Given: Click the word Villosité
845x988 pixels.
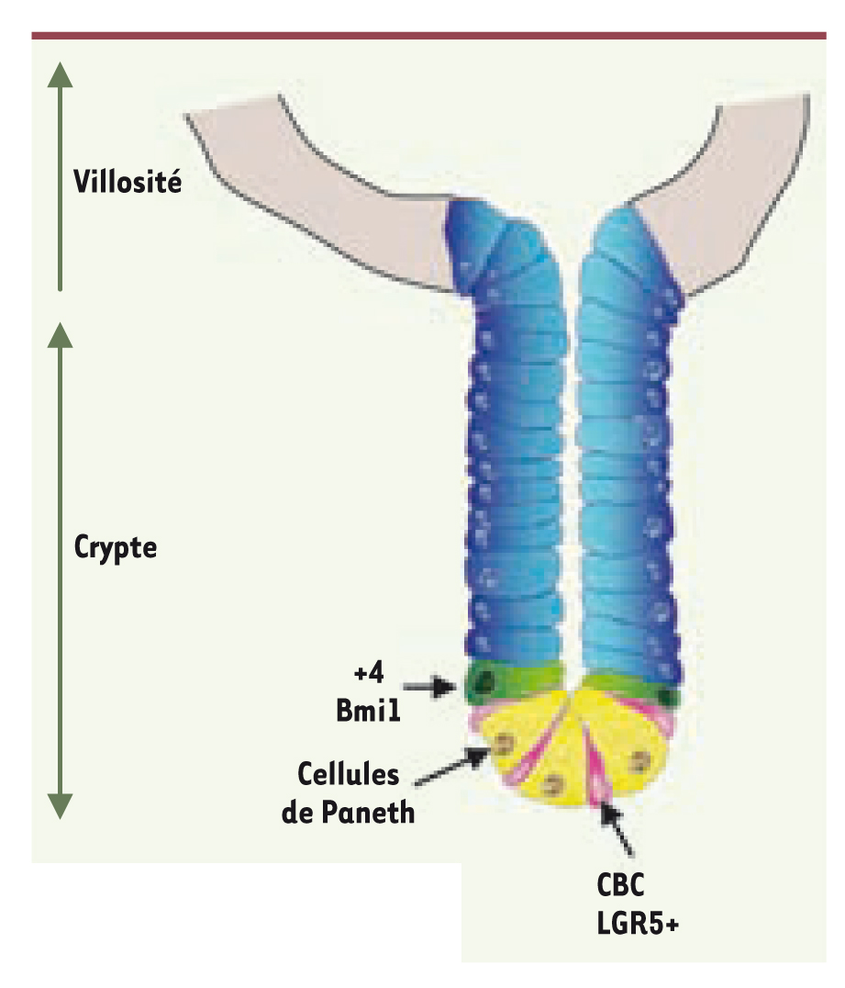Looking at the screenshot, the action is coord(128,182).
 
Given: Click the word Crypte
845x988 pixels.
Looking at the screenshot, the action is coord(116,547).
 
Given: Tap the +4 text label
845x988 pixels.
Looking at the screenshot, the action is coord(369,674).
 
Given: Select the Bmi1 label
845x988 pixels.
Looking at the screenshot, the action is coord(368,710).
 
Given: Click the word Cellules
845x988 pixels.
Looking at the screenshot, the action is coord(349,774).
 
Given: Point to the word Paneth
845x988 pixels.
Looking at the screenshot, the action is coord(368,813).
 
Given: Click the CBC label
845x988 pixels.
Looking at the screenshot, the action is coord(621,885).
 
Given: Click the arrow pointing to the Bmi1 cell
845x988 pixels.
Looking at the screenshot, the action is coord(428,687).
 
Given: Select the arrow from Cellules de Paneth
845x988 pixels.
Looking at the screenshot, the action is coord(452,766).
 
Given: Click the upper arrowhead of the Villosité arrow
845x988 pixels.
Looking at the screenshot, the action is coord(60,75).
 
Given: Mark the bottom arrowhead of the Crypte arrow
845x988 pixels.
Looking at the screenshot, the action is coord(60,806).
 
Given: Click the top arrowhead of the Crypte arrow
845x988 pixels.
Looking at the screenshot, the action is coord(60,334).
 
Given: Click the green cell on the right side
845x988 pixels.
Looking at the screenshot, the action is coord(629,688).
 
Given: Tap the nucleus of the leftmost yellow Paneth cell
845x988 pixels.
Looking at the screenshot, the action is coord(503,744).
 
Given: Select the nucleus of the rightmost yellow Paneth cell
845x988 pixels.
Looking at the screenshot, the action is coord(639,761).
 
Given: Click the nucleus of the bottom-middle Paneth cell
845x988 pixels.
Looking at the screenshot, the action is coord(553,784).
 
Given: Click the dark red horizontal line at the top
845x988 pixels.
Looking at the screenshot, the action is coord(428,36).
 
